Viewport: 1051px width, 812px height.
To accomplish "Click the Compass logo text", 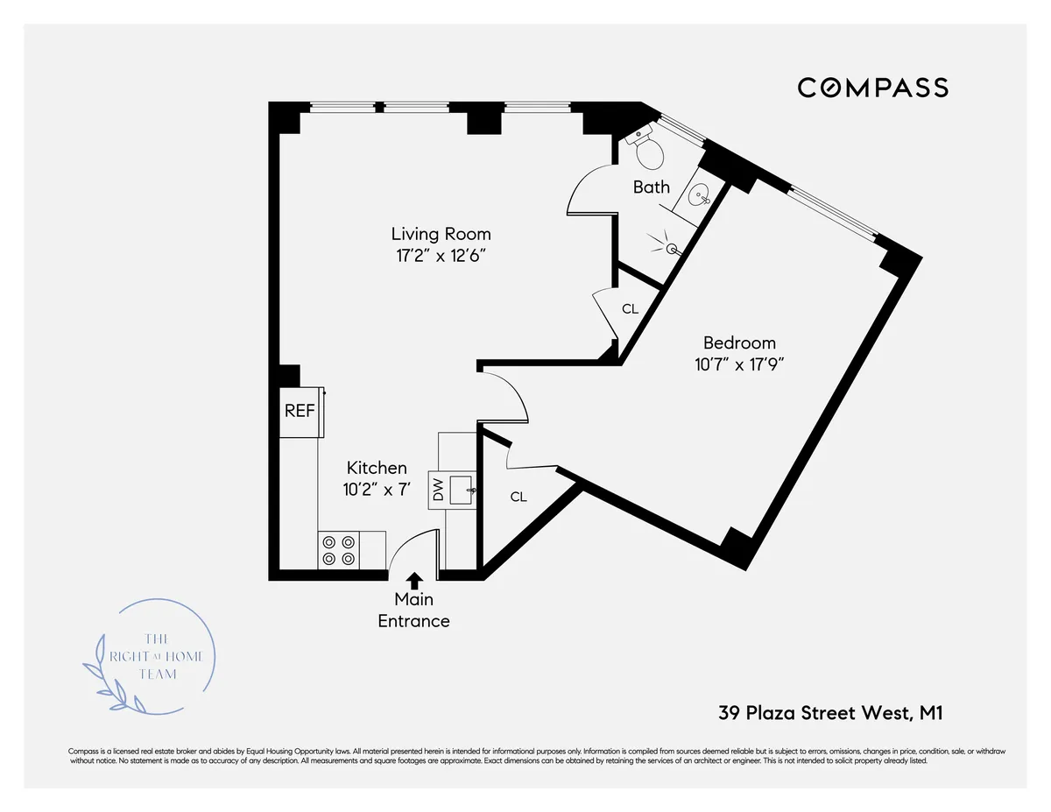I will pyautogui.click(x=872, y=88).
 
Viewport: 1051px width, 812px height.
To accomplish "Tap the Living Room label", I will pyautogui.click(x=441, y=234).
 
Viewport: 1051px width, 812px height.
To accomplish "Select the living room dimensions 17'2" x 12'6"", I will pyautogui.click(x=441, y=256).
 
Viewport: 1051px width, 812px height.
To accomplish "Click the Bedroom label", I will pyautogui.click(x=739, y=342).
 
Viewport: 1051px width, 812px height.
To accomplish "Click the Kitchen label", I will pyautogui.click(x=377, y=468).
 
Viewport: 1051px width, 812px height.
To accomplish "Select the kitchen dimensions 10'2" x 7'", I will pyautogui.click(x=377, y=490).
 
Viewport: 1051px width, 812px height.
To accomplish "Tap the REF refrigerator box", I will pyautogui.click(x=300, y=410).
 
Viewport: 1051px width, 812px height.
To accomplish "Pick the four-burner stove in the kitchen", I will pyautogui.click(x=339, y=550).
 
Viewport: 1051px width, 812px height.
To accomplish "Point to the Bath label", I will pyautogui.click(x=652, y=187).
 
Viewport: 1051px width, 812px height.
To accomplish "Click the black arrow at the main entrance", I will pyautogui.click(x=414, y=579).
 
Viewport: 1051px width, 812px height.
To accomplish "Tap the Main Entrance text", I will pyautogui.click(x=414, y=611).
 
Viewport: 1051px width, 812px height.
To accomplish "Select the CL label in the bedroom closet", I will pyautogui.click(x=518, y=497).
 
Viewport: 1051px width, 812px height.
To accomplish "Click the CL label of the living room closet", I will pyautogui.click(x=630, y=309).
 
